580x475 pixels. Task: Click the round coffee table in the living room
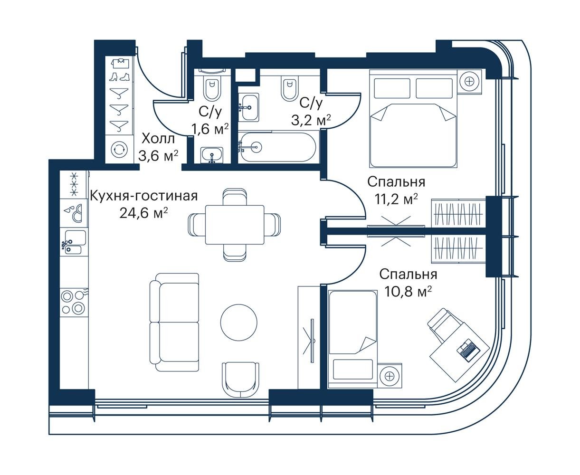[x=238, y=322]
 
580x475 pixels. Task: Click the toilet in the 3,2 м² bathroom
[x=289, y=89]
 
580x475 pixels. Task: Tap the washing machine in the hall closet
[x=119, y=149]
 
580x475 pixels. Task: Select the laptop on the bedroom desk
[x=468, y=350]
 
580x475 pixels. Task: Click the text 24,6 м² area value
[x=143, y=213]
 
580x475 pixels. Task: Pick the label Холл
[x=158, y=139]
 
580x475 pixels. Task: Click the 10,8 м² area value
[x=407, y=292]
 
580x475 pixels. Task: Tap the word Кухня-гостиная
[x=144, y=196]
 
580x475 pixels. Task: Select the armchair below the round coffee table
[x=240, y=380]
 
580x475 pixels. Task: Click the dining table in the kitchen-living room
[x=235, y=225]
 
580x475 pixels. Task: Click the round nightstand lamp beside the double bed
[x=469, y=81]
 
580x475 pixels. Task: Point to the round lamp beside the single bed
[x=390, y=375]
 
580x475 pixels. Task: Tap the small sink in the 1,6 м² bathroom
[x=211, y=155]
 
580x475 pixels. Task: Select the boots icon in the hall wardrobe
[x=119, y=76]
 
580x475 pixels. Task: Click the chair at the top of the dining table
[x=235, y=197]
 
